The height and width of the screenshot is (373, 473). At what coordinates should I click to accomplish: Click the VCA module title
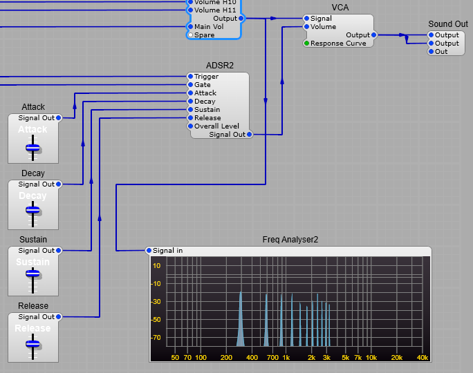(340, 8)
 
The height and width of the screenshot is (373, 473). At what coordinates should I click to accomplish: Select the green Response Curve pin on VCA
(307, 44)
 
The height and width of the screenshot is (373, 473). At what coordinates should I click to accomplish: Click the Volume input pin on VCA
(307, 27)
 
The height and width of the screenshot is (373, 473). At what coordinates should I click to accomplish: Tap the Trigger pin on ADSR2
(191, 77)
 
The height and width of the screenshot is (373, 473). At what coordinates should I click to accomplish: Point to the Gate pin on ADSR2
(191, 85)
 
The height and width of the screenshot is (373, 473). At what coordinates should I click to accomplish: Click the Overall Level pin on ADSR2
(191, 126)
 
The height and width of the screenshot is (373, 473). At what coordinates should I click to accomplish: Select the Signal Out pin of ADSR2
(249, 135)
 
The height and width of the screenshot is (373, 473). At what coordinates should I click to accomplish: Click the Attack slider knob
(33, 147)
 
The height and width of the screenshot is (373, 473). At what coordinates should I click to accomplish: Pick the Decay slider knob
(33, 213)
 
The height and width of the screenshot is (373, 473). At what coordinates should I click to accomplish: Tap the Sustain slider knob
(33, 280)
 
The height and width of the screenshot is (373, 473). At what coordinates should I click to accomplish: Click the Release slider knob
(33, 346)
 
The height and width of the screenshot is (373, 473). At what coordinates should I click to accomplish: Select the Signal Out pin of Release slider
(59, 317)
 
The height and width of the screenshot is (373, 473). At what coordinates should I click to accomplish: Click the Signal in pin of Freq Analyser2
(149, 251)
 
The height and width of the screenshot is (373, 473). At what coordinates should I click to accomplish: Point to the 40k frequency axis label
(422, 358)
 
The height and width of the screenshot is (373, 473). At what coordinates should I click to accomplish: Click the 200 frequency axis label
(226, 358)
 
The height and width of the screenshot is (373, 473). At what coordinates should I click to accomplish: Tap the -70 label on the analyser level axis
(156, 338)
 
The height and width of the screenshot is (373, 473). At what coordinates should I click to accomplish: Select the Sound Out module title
(448, 24)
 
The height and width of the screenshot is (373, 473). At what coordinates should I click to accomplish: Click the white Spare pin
(191, 35)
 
